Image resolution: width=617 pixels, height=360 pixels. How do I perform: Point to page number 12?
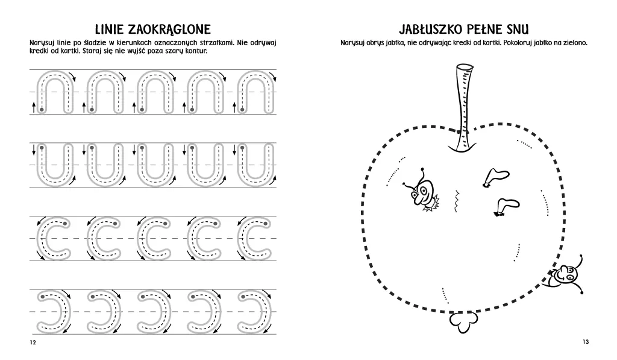[x=33, y=343]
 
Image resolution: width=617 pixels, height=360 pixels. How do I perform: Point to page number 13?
[x=585, y=342]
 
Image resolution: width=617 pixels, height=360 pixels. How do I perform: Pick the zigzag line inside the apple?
[x=457, y=202]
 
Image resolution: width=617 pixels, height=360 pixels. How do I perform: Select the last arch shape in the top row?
[x=253, y=92]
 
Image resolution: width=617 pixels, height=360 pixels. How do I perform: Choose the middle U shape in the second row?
[x=152, y=164]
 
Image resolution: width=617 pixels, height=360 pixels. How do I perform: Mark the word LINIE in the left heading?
[x=111, y=30]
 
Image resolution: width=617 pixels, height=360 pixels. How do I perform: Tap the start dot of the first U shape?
[x=41, y=148]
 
